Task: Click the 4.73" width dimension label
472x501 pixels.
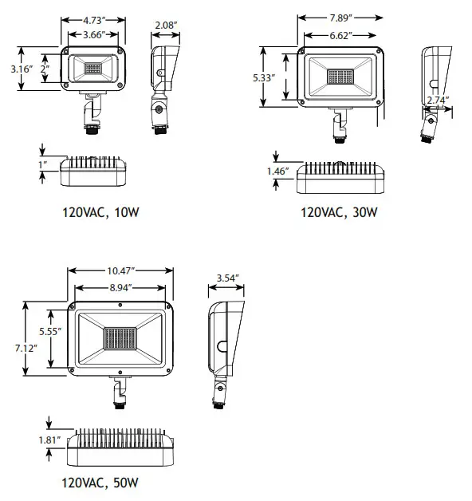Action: (x=92, y=21)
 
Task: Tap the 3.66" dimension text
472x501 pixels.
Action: (x=93, y=34)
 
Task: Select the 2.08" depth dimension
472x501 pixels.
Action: (x=166, y=26)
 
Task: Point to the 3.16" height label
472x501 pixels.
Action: (x=22, y=69)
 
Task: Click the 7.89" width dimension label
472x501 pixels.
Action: (x=340, y=18)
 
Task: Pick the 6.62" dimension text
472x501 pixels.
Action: (x=340, y=35)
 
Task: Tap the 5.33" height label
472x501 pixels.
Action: (x=264, y=78)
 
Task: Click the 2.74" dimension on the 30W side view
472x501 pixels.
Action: (x=438, y=101)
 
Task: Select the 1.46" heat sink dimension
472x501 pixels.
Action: (x=277, y=172)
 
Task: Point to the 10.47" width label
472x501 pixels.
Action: (x=120, y=271)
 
